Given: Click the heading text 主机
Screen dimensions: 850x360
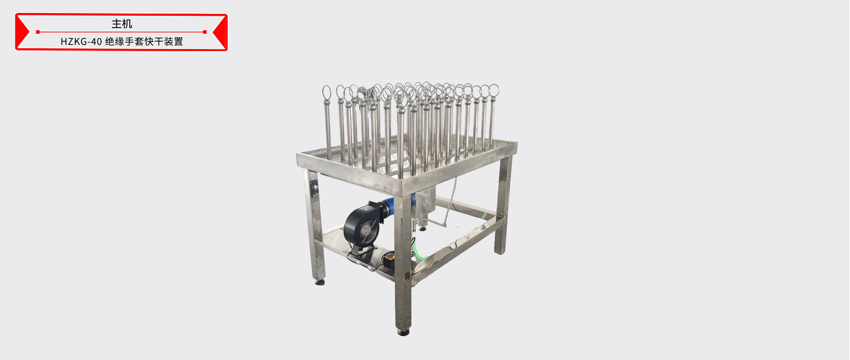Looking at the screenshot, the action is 122,24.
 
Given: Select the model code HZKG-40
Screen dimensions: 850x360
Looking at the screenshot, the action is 81,42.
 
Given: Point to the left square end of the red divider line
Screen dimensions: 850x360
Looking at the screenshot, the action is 38,32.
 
